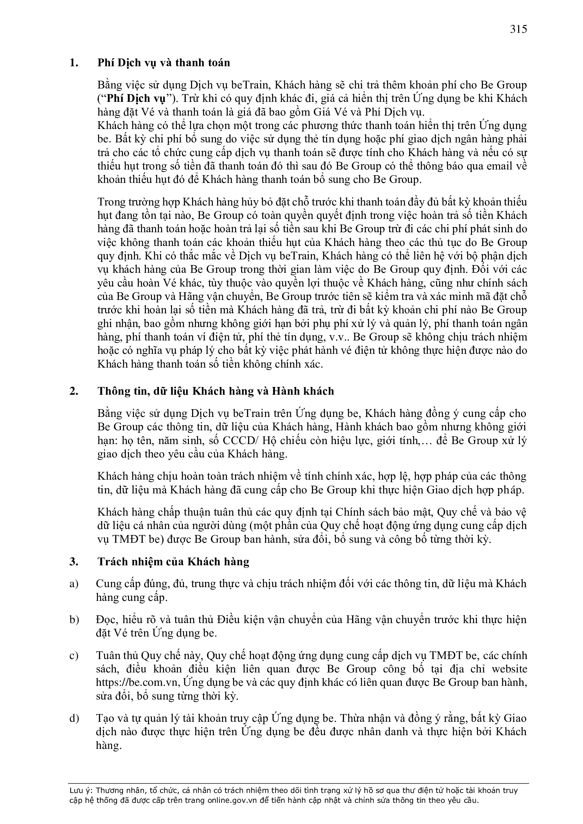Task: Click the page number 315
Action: [x=518, y=29]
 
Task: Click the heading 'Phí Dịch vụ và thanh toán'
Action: [x=164, y=63]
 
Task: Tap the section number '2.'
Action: [x=74, y=391]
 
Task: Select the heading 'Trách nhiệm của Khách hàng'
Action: [x=173, y=562]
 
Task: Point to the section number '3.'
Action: [x=74, y=562]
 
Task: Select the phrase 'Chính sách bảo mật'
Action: [x=381, y=512]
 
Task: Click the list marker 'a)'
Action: [x=74, y=584]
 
